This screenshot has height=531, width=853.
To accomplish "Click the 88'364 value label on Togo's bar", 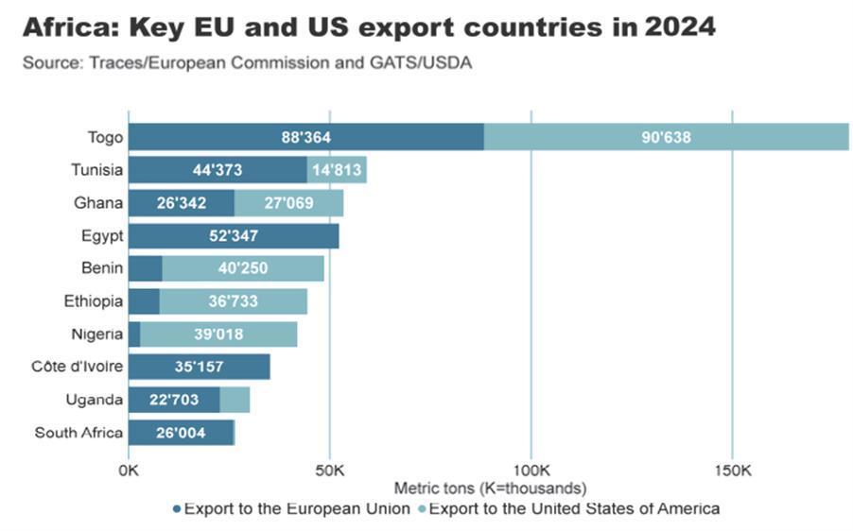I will point(305,137).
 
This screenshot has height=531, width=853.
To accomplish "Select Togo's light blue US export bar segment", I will point(666,137).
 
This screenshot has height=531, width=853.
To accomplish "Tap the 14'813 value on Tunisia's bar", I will point(337,170).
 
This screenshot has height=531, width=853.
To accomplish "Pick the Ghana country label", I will point(98,202).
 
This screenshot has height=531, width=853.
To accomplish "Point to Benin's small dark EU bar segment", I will point(145,268).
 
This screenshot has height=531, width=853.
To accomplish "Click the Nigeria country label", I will point(96,334).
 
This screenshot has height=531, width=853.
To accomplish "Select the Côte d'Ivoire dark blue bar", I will point(199,367).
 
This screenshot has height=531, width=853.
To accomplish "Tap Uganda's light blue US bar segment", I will point(235,400).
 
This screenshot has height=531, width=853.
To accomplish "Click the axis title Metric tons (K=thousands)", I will point(490,488).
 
